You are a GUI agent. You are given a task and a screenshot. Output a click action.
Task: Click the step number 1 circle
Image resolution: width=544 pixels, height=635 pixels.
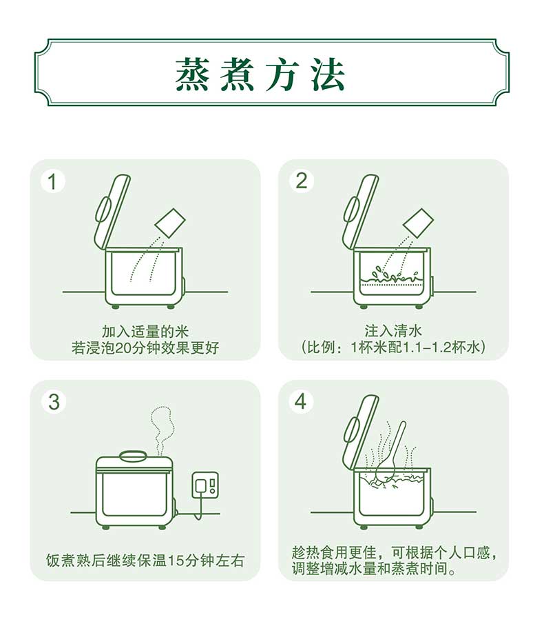pos(53,181)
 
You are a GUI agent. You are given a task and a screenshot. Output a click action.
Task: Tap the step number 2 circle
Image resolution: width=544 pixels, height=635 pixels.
pos(302,181)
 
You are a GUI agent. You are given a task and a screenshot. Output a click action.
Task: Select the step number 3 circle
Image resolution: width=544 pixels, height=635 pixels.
pos(54,402)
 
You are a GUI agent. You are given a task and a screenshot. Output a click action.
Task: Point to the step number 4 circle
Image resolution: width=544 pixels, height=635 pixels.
pos(301,402)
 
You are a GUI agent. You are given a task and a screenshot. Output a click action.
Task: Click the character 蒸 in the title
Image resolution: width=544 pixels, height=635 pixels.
pos(191,74)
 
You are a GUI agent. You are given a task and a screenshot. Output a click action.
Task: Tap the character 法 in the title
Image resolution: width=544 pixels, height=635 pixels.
pos(328,74)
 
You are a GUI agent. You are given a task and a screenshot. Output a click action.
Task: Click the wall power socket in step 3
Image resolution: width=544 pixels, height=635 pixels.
pos(205,485)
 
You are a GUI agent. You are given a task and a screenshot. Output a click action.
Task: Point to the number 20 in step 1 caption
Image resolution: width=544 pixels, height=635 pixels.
pos(123,348)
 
